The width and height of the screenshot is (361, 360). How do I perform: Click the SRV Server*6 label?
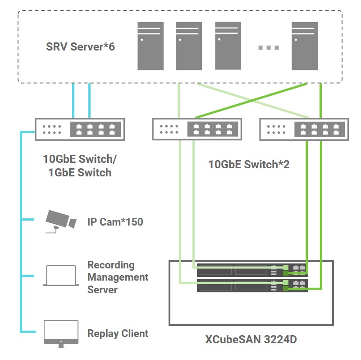pyautogui.click(x=80, y=46)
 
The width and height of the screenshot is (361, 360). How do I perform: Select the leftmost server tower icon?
pyautogui.click(x=150, y=46)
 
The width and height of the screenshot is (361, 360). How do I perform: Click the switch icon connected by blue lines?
pyautogui.click(x=79, y=129)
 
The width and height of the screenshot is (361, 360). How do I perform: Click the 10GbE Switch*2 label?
pyautogui.click(x=249, y=164)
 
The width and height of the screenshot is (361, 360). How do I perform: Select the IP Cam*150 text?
pyautogui.click(x=115, y=222)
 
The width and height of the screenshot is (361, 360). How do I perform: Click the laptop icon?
pyautogui.click(x=61, y=276)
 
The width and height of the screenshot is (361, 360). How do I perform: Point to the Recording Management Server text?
pyautogui.click(x=117, y=277)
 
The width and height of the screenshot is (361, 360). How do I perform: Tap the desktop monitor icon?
pyautogui.click(x=61, y=333)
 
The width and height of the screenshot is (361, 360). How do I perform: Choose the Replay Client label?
pyautogui.click(x=118, y=334)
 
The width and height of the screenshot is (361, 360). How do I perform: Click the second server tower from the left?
pyautogui.click(x=188, y=46)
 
